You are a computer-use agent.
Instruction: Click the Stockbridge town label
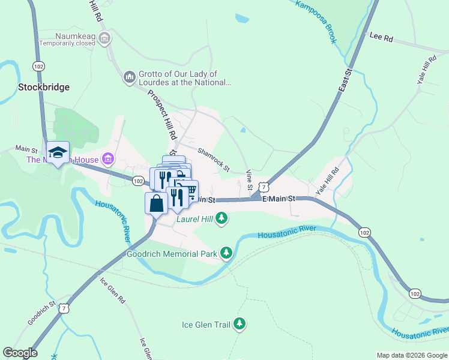43,87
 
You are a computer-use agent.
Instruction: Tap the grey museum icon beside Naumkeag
104,40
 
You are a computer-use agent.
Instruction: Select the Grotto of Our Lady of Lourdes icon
129,77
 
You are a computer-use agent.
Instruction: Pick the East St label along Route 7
344,79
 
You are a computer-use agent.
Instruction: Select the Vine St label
249,180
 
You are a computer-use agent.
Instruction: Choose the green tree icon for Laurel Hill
221,218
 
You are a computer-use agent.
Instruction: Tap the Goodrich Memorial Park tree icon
226,253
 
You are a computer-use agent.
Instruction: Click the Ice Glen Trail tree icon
240,325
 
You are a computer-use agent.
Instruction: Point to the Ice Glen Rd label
112,290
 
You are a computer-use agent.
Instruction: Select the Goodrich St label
41,313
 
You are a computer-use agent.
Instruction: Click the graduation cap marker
58,152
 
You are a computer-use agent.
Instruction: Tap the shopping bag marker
156,203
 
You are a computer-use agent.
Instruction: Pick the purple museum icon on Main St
108,159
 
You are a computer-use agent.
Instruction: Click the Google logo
20,353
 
